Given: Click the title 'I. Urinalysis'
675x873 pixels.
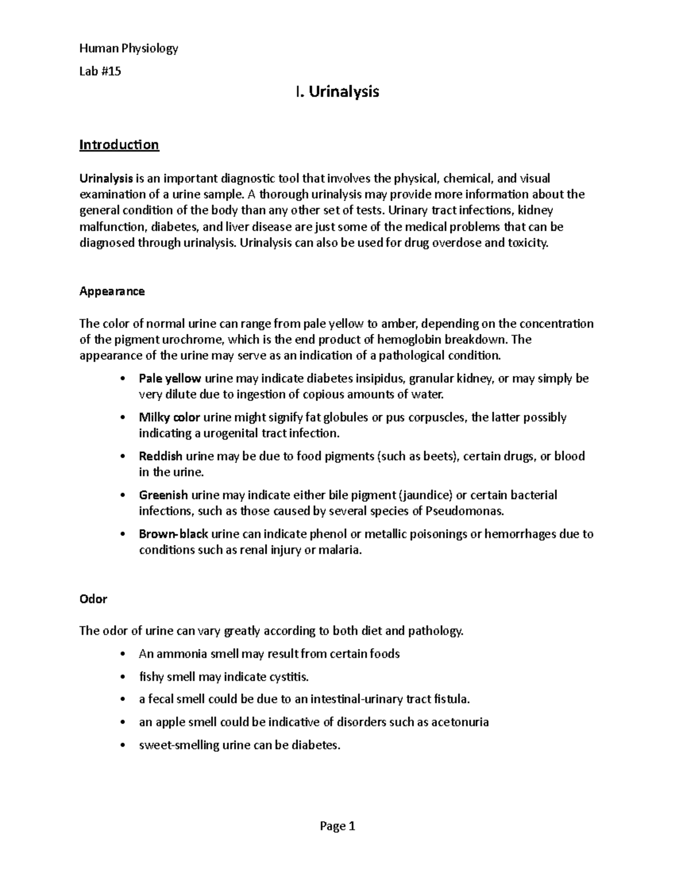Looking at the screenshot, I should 337,92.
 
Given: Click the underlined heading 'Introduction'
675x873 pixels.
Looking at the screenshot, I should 119,145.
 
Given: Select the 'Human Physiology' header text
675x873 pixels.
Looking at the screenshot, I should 129,48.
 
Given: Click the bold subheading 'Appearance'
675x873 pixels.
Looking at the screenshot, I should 112,291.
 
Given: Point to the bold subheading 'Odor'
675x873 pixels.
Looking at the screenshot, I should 93,599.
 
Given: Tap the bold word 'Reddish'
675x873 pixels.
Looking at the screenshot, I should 160,456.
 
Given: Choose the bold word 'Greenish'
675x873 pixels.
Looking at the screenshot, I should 163,495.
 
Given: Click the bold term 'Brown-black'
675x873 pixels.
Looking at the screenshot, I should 174,534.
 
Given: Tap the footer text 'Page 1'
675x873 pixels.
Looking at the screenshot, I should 337,826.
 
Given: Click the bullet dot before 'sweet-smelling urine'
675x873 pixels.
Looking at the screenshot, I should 123,746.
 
